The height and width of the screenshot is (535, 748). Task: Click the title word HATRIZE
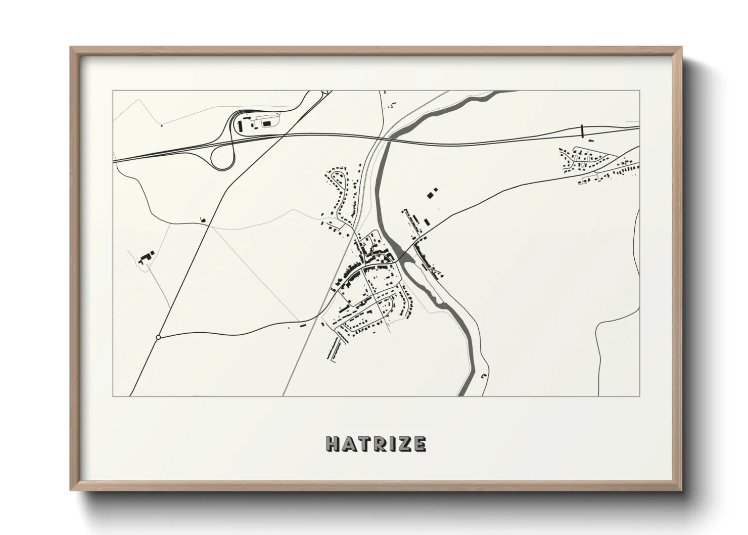coord(376,444)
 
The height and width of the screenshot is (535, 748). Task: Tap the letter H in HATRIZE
coord(334,444)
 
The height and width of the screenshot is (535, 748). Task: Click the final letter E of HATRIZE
coord(419,444)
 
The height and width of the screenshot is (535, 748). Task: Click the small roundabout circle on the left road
coord(158,337)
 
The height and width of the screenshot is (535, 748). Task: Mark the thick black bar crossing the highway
coord(582,130)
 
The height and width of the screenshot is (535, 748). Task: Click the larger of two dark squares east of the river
coord(431,194)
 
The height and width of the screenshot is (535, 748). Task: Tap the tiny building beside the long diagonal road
coord(203,219)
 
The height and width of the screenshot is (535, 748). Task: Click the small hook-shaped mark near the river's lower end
coord(483,376)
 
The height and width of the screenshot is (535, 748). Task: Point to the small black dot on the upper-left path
coord(161,125)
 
